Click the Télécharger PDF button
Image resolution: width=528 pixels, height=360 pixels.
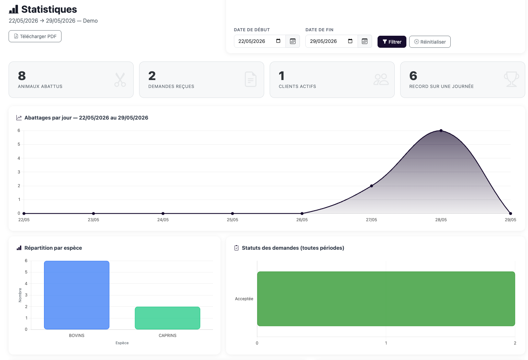pyautogui.click(x=35, y=36)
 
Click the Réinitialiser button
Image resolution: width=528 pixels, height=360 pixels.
pyautogui.click(x=430, y=42)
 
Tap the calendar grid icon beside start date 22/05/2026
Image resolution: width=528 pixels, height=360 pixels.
pyautogui.click(x=293, y=41)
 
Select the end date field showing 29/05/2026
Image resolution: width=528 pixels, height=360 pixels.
pyautogui.click(x=332, y=41)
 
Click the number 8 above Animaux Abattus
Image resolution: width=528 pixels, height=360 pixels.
pyautogui.click(x=22, y=76)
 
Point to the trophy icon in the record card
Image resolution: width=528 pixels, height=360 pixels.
pyautogui.click(x=511, y=79)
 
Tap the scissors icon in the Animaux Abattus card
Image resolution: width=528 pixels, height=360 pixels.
pyautogui.click(x=120, y=80)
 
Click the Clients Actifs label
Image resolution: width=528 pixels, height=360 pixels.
pyautogui.click(x=297, y=87)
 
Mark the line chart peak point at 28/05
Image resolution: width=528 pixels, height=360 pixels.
pyautogui.click(x=441, y=131)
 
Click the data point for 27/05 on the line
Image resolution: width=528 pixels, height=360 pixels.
pyautogui.click(x=371, y=186)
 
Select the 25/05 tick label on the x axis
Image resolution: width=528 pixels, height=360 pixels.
pyautogui.click(x=233, y=220)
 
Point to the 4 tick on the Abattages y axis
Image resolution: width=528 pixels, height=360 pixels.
pyautogui.click(x=19, y=158)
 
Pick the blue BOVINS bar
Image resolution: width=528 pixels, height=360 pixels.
pyautogui.click(x=77, y=295)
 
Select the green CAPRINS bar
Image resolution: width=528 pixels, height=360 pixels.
pyautogui.click(x=167, y=318)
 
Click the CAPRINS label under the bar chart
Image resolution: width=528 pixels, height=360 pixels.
pyautogui.click(x=167, y=336)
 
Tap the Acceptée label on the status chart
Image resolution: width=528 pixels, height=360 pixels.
pyautogui.click(x=244, y=299)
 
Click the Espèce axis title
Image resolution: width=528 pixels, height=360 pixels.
pyautogui.click(x=122, y=343)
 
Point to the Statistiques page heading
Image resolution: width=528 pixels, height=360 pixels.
pyautogui.click(x=49, y=9)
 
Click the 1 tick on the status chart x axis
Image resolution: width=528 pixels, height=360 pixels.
pyautogui.click(x=386, y=343)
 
